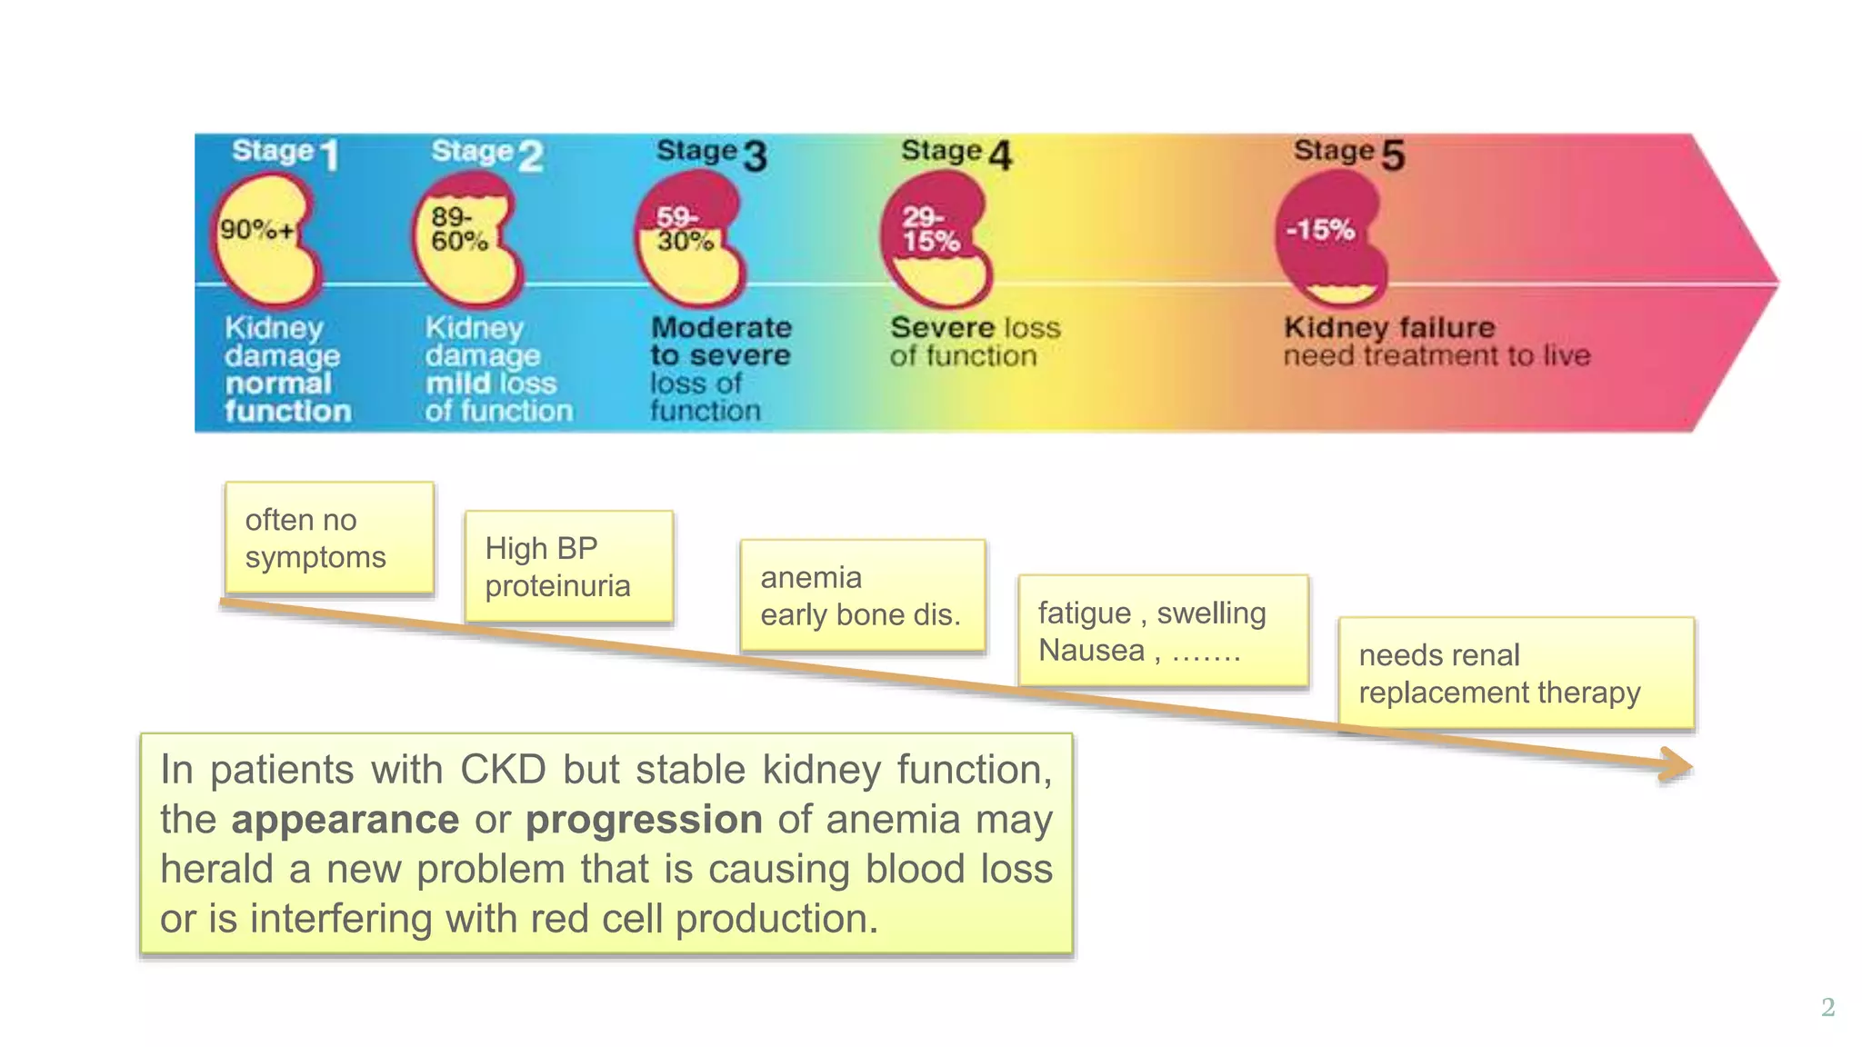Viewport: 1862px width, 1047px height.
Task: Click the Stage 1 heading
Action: (x=285, y=152)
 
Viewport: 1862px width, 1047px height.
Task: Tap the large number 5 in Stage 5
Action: (x=1393, y=155)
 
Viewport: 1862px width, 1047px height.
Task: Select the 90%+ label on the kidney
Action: (x=257, y=230)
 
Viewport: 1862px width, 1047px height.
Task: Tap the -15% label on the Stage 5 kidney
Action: (x=1320, y=229)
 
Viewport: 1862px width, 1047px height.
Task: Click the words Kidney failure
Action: (x=1388, y=327)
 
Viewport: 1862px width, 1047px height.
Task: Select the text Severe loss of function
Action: (x=975, y=341)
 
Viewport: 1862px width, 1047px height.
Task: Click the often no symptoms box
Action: (x=329, y=538)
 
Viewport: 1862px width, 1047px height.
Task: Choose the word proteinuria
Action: (x=557, y=586)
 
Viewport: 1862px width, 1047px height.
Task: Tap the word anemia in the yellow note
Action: (x=811, y=577)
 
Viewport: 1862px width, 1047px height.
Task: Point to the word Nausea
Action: (x=1091, y=651)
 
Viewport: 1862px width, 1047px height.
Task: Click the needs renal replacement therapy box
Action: (x=1516, y=673)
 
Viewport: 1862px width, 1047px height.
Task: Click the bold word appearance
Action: (x=345, y=820)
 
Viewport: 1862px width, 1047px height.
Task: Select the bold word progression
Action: (x=644, y=820)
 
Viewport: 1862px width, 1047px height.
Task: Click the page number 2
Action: (x=1827, y=1007)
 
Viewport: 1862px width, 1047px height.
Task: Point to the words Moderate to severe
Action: (x=721, y=341)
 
